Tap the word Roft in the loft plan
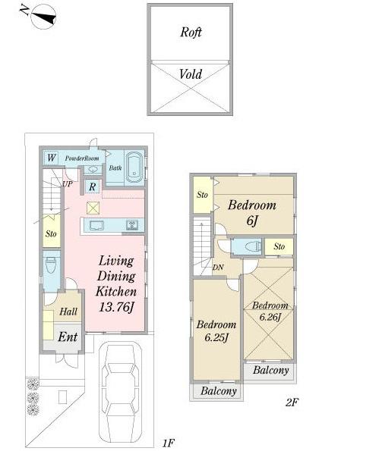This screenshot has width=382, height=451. pos(191,33)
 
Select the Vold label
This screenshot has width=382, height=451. pos(191,74)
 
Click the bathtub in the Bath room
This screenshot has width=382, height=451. pos(134,167)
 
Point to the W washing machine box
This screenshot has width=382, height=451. pos(51,158)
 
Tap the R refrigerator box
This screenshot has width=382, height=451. pos(91,186)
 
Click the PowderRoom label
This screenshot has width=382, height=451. pos(82,158)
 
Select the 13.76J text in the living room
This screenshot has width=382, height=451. pos(115,307)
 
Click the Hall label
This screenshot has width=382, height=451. pos(68,312)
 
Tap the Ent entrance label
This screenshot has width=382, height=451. pos(67,337)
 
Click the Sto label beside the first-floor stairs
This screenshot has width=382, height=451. pos(51,234)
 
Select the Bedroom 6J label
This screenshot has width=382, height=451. pos(251,213)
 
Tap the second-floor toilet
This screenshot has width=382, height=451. pos(248,246)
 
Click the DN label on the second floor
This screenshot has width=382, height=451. pos(217,267)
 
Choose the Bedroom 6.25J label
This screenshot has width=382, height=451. pos(216,331)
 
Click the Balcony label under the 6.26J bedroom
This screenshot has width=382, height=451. pos(270,371)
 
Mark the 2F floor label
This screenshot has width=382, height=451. pos(292,402)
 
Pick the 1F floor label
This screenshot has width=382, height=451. pos(168,442)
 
